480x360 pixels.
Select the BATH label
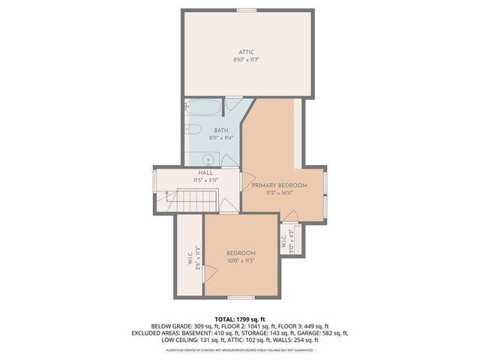199,130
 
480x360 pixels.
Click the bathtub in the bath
202,109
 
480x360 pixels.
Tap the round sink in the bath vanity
208,158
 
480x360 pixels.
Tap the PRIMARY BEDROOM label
279,185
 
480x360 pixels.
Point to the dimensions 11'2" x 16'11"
279,193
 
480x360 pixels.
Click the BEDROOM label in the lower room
241,253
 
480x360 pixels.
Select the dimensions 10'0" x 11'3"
241,261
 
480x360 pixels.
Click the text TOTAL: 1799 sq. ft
240,319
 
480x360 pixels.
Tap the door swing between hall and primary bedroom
244,181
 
